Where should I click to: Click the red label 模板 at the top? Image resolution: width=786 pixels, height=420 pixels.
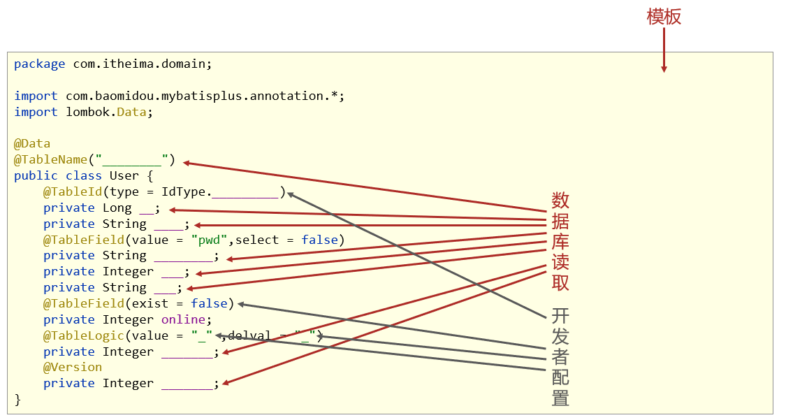(664, 17)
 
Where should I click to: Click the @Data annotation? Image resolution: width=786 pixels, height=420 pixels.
(32, 144)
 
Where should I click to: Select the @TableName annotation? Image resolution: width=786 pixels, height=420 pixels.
(51, 160)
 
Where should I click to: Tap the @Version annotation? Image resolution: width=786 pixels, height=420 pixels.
(73, 368)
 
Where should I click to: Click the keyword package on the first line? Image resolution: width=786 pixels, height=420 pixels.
(40, 64)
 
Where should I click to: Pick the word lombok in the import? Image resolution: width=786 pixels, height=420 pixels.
(87, 113)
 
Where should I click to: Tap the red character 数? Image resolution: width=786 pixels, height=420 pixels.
(560, 201)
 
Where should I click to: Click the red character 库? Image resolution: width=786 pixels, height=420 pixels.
(560, 242)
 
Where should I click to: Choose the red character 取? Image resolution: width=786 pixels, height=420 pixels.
(560, 282)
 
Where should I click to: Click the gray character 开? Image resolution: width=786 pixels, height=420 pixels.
(560, 316)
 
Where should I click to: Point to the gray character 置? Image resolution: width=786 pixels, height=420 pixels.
(560, 398)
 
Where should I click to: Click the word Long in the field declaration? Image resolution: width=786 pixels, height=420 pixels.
(117, 208)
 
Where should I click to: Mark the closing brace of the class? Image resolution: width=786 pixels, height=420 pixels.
(17, 400)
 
